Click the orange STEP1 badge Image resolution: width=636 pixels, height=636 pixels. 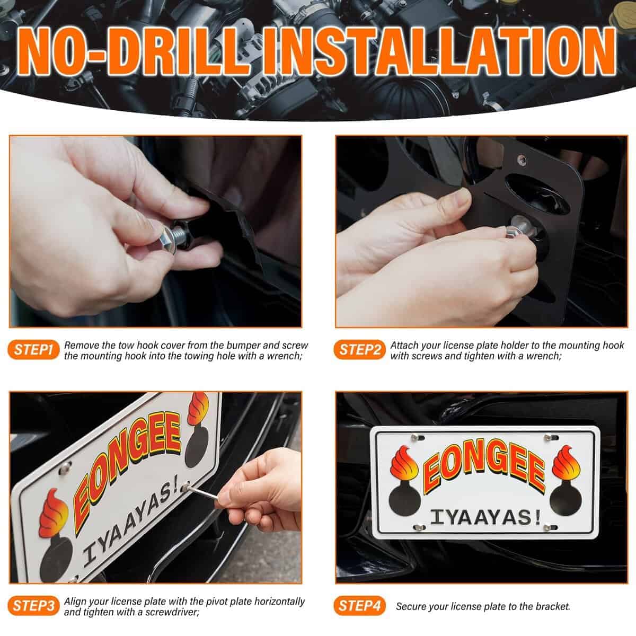(33, 350)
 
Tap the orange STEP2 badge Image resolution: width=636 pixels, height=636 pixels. (359, 350)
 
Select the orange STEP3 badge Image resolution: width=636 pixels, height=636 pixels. (33, 606)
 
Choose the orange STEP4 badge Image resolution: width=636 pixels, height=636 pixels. (359, 606)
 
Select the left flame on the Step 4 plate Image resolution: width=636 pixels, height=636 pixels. (404, 463)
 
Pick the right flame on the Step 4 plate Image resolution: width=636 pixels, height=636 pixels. (566, 463)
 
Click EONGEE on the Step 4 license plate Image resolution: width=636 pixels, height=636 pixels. (484, 466)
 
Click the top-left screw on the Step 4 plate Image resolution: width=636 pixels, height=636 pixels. (415, 438)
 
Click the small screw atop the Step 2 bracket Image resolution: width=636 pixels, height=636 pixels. (522, 160)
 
